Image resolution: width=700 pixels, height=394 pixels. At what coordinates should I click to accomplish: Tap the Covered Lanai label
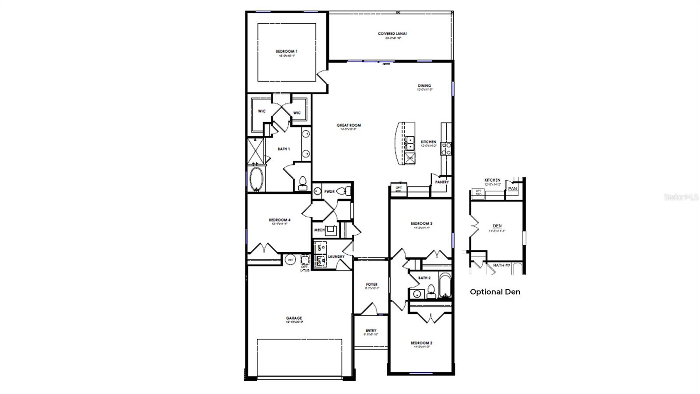point(390,34)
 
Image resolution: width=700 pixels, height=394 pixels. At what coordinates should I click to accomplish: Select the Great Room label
point(349,126)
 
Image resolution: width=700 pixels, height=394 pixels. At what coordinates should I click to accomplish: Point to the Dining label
point(424,86)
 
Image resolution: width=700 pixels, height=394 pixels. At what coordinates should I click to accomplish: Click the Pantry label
point(442,182)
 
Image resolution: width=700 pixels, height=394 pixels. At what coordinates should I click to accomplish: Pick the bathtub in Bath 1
point(256,179)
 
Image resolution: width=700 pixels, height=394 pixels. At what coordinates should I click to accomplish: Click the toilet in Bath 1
point(302,182)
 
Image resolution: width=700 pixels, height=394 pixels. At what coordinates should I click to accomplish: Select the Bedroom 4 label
point(280,220)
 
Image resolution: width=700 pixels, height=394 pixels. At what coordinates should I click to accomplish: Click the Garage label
point(294,318)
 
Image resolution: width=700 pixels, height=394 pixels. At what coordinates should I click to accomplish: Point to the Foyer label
point(371,285)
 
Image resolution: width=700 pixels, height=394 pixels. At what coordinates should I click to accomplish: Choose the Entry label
point(371,331)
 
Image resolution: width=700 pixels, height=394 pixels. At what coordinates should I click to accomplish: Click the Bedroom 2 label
point(421,343)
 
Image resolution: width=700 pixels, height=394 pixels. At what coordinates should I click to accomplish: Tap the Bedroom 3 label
point(422,224)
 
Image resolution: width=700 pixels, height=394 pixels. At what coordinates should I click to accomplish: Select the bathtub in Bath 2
point(444,284)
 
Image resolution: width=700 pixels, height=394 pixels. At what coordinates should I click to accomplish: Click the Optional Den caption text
point(495,292)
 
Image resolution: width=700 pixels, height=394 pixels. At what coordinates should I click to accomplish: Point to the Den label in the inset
point(497,226)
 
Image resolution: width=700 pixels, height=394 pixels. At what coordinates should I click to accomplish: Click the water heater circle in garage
point(290,260)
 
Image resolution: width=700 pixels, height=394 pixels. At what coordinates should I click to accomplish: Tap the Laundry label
point(336,257)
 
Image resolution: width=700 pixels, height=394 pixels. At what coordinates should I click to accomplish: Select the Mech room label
point(319,230)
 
